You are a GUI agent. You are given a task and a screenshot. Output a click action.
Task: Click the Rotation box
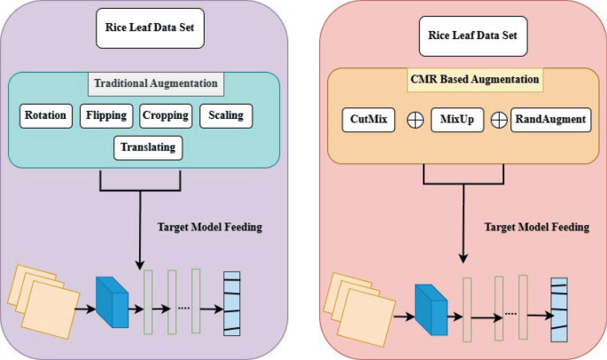click(45, 115)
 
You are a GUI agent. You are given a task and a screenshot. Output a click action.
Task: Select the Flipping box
click(105, 115)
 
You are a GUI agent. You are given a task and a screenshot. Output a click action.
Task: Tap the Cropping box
click(166, 115)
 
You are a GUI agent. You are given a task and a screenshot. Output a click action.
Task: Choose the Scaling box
click(226, 115)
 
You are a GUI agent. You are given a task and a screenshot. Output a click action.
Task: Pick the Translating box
click(148, 146)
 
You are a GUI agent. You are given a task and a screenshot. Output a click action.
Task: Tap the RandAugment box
click(549, 119)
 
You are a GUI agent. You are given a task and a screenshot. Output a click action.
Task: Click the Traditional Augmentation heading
click(155, 84)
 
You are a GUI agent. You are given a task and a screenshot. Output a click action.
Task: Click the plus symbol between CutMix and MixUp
click(415, 120)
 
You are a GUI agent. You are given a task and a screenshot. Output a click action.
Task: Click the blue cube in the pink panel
click(431, 309)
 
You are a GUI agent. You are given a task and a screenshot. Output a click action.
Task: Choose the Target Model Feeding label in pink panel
click(536, 227)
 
